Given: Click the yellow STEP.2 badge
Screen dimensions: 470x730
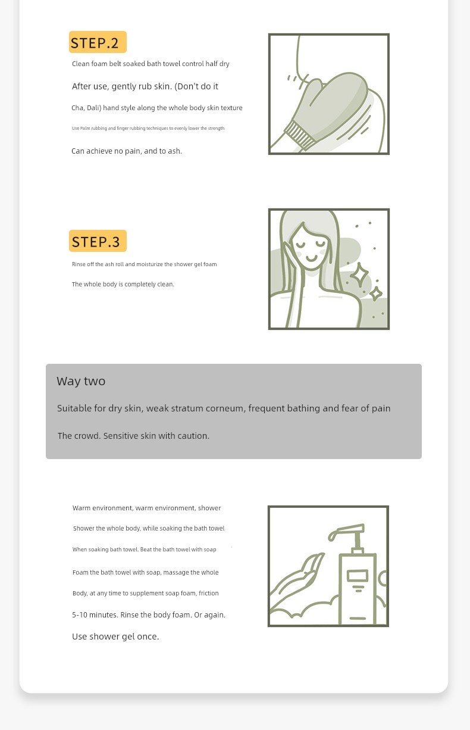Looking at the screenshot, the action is pyautogui.click(x=98, y=42).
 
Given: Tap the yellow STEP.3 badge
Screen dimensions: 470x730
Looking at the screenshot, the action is pyautogui.click(x=98, y=241).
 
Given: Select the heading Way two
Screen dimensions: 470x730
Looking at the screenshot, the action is pyautogui.click(x=81, y=381).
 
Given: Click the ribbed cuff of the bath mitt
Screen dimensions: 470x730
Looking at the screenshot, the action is pyautogui.click(x=300, y=135).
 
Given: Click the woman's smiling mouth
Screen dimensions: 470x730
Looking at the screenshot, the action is pyautogui.click(x=311, y=259).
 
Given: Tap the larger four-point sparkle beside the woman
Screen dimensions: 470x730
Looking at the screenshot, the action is pyautogui.click(x=359, y=274).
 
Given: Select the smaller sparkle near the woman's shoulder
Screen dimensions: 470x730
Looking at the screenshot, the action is pyautogui.click(x=376, y=294).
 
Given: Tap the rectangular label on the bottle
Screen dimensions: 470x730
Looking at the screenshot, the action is pyautogui.click(x=358, y=576).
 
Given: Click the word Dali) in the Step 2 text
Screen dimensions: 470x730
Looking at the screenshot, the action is pyautogui.click(x=94, y=108).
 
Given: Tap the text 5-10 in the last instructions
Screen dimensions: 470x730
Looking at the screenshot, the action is pyautogui.click(x=80, y=615).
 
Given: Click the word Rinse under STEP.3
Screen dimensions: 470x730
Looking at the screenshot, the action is pyautogui.click(x=79, y=264).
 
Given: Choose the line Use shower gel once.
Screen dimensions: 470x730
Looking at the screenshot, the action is pyautogui.click(x=115, y=637).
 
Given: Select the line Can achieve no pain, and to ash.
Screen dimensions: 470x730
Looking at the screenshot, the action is pyautogui.click(x=127, y=151).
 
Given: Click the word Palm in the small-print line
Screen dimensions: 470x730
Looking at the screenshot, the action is pyautogui.click(x=85, y=129).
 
